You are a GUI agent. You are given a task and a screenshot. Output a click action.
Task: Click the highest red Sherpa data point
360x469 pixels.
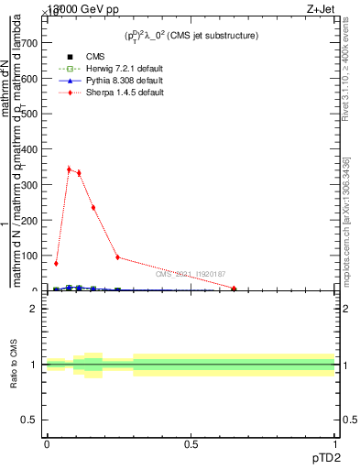69,169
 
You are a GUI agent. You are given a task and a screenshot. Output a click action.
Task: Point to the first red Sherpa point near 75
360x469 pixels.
56,264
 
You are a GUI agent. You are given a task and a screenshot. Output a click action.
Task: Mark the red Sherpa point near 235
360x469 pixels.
93,208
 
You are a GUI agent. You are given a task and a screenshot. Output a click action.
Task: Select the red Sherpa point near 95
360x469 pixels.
117,257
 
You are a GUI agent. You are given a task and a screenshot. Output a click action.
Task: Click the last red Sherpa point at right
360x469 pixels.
235,289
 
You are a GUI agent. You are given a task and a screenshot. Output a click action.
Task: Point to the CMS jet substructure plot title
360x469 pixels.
191,35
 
